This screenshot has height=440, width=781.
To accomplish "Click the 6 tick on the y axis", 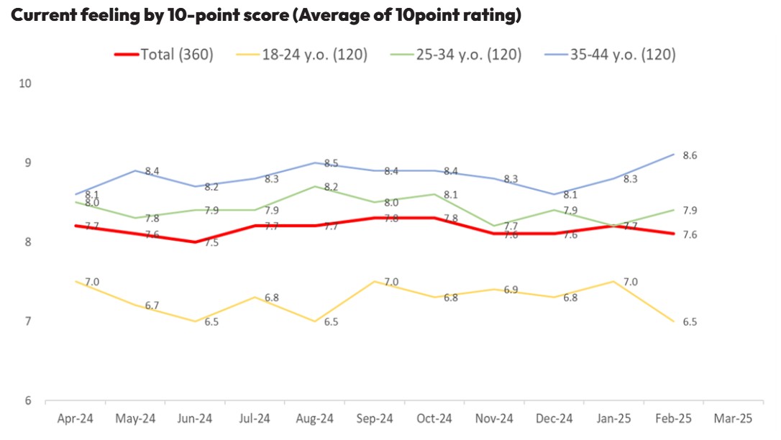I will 29,401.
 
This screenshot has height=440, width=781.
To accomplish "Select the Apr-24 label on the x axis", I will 75,418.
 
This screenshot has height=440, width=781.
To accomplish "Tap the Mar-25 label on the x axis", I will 734,418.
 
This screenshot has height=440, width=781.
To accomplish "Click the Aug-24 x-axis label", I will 314,418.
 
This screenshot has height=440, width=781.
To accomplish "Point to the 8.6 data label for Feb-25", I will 690,155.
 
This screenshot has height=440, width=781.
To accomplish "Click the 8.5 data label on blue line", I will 332,163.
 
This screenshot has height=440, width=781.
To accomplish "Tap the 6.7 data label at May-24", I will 152,306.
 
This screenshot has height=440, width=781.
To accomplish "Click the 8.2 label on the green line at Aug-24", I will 332,187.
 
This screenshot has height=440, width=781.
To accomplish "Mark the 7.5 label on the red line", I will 211,243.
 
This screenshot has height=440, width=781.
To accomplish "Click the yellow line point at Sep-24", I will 374,281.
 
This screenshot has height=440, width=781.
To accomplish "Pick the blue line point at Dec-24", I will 554,194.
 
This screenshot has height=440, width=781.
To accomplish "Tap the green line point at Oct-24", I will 434,194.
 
